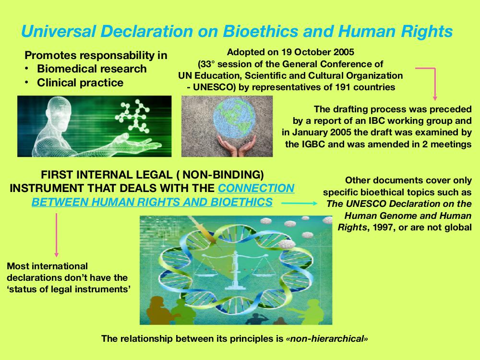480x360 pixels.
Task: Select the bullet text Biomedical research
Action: coord(92,69)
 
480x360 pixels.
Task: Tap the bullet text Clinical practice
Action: coord(80,83)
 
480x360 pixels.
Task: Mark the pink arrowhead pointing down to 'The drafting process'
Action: coord(435,98)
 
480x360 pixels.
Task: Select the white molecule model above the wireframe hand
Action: coord(132,116)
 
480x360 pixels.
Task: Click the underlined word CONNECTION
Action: coord(256,188)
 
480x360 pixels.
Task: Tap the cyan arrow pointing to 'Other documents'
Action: coord(300,203)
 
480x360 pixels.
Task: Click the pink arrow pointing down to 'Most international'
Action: coord(56,235)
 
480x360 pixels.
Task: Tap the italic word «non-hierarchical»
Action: coord(326,338)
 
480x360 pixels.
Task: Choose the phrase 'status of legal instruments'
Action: coord(69,289)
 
